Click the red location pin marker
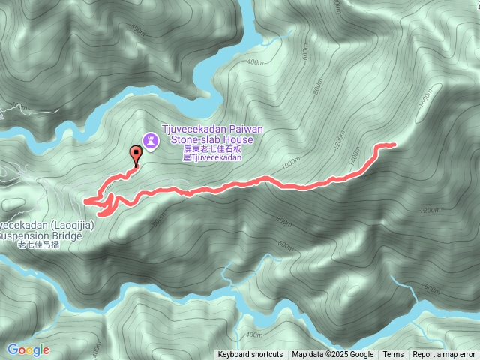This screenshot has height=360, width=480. pos(136,154)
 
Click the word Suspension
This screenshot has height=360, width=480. pos(22,235)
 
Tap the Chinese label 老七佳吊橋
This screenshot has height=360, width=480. pos(37,244)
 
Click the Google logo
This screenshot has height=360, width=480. pos(28,349)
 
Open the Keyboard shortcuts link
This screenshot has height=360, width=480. pos(250,355)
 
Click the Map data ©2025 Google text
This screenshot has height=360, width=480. pos(333,355)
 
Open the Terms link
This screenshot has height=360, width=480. pos(393,355)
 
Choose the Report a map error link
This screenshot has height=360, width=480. pos(444,355)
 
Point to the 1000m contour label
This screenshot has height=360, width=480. pos(289,163)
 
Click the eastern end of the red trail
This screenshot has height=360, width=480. pos(392,144)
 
